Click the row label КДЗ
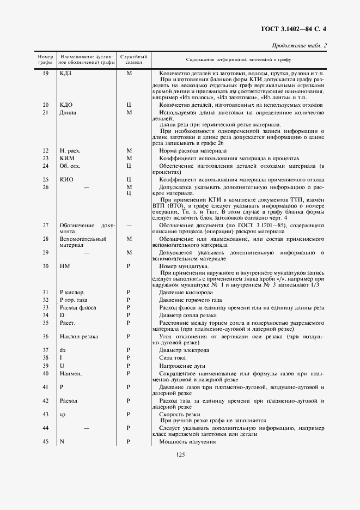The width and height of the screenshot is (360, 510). click(x=66, y=73)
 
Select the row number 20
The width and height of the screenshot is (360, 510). click(x=46, y=105)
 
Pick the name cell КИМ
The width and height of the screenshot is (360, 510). click(x=66, y=158)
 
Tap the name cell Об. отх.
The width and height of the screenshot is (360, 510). click(x=70, y=166)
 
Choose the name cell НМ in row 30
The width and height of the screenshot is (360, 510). click(x=64, y=266)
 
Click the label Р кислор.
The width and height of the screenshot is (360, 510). click(x=72, y=293)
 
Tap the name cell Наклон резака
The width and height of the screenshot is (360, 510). click(x=79, y=337)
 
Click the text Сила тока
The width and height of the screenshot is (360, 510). click(x=174, y=357)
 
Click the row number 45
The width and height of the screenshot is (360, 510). click(x=46, y=441)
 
